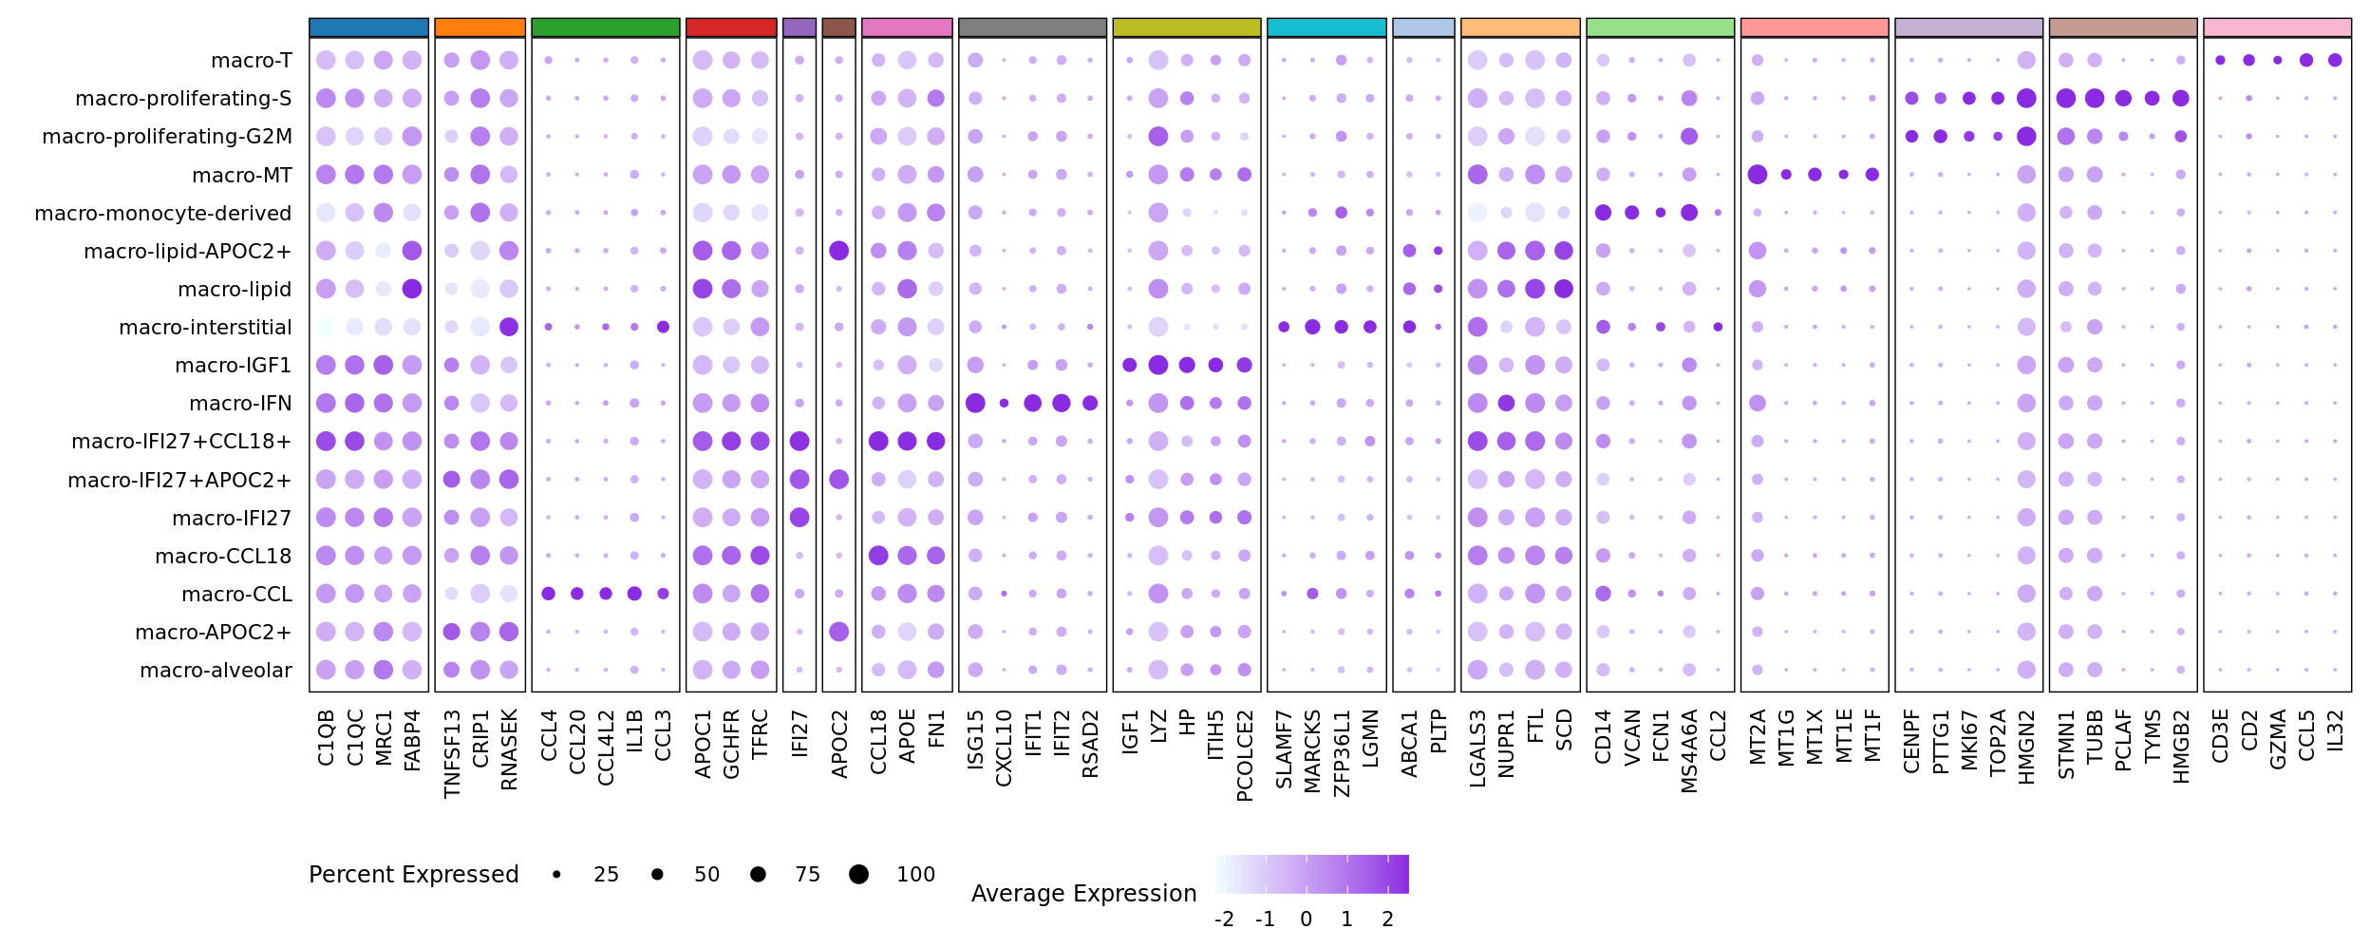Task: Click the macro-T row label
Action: pyautogui.click(x=251, y=61)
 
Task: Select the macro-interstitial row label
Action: pyautogui.click(x=205, y=328)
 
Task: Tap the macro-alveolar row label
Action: pyautogui.click(x=216, y=671)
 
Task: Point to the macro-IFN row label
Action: pyautogui.click(x=240, y=404)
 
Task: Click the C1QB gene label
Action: pyautogui.click(x=326, y=737)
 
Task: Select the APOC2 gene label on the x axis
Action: pyautogui.click(x=839, y=744)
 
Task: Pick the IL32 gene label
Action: pyautogui.click(x=2335, y=730)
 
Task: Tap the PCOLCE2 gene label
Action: pyautogui.click(x=1245, y=755)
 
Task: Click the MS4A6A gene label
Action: pyautogui.click(x=1689, y=750)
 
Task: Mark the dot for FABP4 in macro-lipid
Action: pyautogui.click(x=412, y=289)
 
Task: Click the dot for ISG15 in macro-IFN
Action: pyautogui.click(x=975, y=403)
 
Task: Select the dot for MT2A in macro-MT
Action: pyautogui.click(x=1758, y=175)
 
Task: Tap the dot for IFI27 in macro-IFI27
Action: pyautogui.click(x=799, y=518)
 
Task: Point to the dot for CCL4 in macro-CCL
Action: pyautogui.click(x=548, y=594)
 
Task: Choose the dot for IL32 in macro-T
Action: pyautogui.click(x=2335, y=61)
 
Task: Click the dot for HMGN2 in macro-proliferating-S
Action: pyautogui.click(x=2026, y=99)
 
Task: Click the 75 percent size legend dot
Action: pyautogui.click(x=758, y=875)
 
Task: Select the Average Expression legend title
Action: pyautogui.click(x=1083, y=894)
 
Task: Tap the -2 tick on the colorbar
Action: pyautogui.click(x=1224, y=920)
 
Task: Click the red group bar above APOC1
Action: pyautogui.click(x=731, y=28)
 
